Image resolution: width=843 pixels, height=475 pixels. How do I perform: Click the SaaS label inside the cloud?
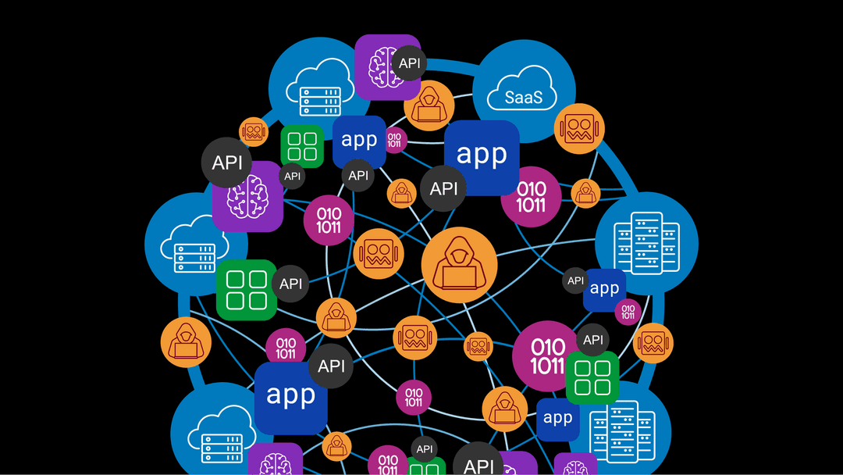coord(519,98)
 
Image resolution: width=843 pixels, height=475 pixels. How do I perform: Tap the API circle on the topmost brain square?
coord(409,62)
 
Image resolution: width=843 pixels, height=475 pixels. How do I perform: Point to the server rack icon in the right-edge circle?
coord(647,242)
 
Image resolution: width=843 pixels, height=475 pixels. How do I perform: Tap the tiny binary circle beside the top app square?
coord(394,140)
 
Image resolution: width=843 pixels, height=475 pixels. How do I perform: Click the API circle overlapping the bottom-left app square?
coord(332,366)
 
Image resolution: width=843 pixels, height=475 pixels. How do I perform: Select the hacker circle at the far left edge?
coord(186,342)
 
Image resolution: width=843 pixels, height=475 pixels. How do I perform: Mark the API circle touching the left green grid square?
coord(290,284)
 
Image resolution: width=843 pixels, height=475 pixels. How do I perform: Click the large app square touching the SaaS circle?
coord(482,156)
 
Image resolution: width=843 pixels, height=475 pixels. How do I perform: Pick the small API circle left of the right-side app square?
coord(575,280)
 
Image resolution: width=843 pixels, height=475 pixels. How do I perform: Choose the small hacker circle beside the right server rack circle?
coord(585,193)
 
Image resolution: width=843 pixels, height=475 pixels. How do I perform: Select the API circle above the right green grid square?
coord(593,340)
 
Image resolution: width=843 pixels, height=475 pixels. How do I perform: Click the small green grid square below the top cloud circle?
coord(302,146)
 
